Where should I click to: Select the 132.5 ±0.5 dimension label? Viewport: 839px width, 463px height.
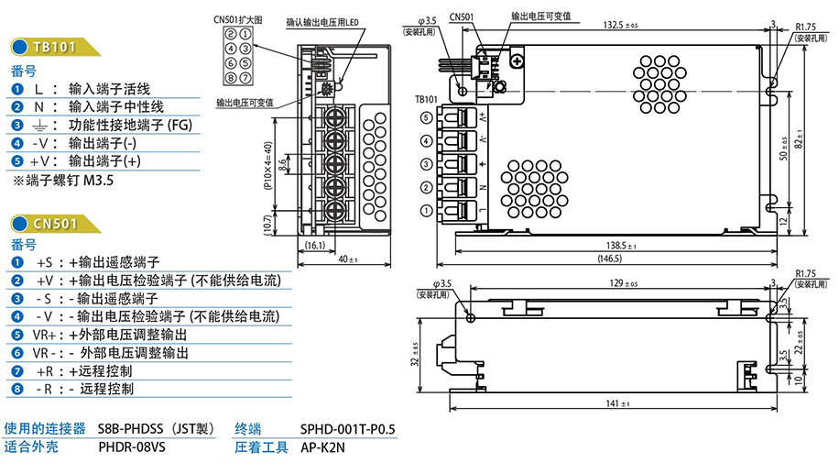point(622,24)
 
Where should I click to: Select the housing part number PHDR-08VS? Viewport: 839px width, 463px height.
point(132,447)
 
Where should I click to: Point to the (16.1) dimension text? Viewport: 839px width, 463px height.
point(314,246)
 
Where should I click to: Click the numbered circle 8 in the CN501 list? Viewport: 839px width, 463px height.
point(17,389)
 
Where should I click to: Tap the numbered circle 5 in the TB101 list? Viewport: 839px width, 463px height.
point(17,161)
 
